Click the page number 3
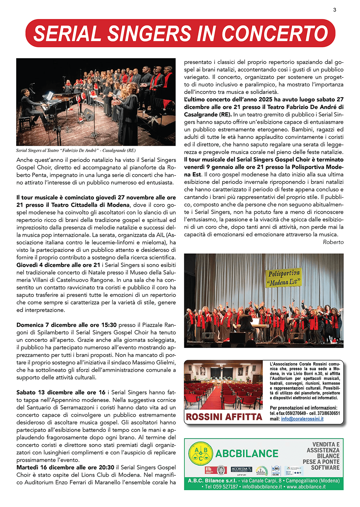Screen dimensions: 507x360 tap(334, 10)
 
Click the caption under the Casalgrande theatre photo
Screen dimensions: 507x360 tap(76, 150)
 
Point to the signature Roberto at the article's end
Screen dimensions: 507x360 tap(333, 242)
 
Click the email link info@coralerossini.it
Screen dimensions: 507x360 tap(302, 419)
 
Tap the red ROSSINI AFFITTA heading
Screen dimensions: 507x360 tap(224, 417)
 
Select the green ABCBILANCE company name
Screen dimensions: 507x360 tap(247, 453)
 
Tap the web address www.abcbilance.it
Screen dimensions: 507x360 tap(306, 487)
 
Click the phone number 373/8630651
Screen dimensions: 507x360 tap(328, 413)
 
